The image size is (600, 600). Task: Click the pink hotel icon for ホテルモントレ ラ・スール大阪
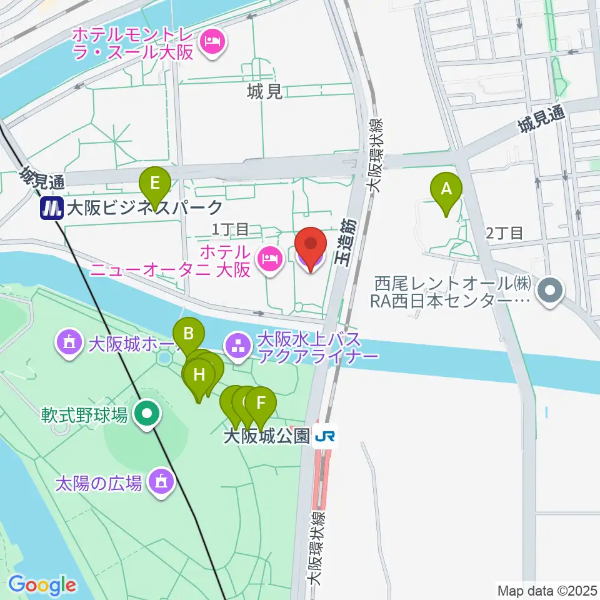[213, 42]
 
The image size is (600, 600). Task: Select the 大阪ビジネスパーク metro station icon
[50, 207]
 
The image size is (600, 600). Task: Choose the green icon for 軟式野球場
[147, 414]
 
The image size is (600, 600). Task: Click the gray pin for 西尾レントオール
[551, 290]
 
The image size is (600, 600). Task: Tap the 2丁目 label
[504, 234]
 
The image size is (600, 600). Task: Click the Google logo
[42, 586]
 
